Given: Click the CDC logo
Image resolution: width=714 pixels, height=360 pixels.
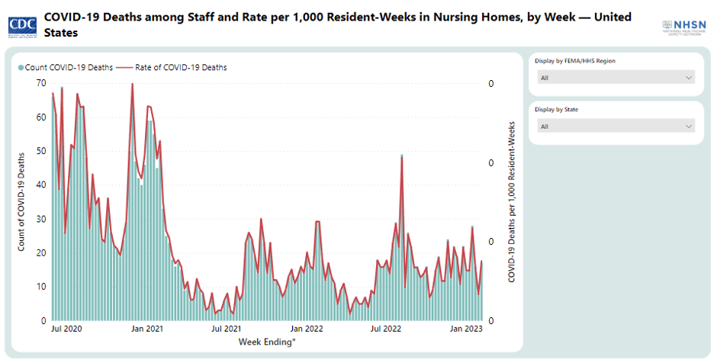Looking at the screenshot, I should click(x=24, y=26).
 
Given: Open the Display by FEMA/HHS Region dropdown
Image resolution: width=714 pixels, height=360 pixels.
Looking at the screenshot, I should click(x=616, y=78).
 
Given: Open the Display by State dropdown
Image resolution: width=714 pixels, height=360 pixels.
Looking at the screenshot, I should click(x=616, y=126).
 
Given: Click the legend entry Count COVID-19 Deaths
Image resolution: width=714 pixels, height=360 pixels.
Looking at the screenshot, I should click(x=66, y=68).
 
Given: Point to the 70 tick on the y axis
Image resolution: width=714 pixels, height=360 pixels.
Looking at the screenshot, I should click(x=40, y=83).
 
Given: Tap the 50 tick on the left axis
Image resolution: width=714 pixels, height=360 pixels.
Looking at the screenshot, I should click(x=40, y=151).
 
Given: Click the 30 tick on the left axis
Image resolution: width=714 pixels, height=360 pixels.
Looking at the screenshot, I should click(x=40, y=219).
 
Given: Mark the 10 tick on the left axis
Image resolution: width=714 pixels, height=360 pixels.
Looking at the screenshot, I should click(x=40, y=287).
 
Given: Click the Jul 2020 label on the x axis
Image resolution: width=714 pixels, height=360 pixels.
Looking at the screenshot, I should click(x=67, y=329).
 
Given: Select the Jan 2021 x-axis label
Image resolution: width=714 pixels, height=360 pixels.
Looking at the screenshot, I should click(x=147, y=329).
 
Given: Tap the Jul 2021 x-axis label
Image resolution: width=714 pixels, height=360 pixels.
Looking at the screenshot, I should click(x=227, y=329).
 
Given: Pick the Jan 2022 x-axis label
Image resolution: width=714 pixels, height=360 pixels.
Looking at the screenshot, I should click(x=307, y=329).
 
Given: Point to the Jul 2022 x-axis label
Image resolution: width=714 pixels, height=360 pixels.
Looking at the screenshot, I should click(x=386, y=329).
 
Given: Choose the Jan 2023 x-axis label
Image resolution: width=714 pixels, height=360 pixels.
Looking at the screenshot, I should click(x=466, y=329).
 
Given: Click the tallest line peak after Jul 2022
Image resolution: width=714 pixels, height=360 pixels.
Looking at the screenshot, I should click(x=401, y=157).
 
